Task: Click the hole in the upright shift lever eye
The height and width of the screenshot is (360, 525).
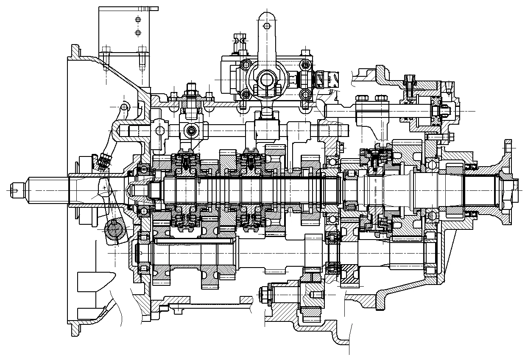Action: [x=266, y=26]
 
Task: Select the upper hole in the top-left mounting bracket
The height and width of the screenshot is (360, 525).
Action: [x=137, y=19]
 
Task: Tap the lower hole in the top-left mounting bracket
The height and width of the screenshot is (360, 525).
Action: [x=137, y=32]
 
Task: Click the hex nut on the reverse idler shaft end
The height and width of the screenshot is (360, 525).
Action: [x=262, y=292]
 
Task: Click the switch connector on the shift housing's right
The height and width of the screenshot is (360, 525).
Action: [x=327, y=79]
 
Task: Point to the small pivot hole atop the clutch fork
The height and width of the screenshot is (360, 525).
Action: [x=124, y=106]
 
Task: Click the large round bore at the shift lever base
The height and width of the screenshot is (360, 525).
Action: [x=266, y=79]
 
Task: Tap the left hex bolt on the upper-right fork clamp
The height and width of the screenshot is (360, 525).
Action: [x=361, y=98]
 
